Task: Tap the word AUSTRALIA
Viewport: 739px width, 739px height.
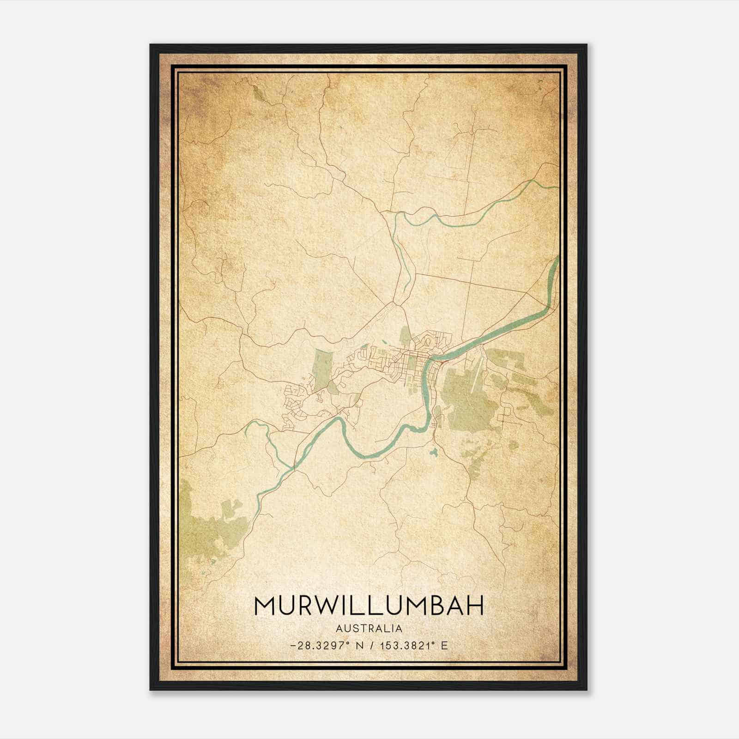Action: (x=369, y=628)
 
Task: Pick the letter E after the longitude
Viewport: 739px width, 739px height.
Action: (x=444, y=646)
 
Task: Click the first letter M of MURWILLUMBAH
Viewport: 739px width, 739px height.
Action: (x=265, y=606)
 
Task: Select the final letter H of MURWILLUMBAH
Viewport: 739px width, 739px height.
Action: (x=474, y=606)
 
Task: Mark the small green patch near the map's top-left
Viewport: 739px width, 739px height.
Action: (x=259, y=92)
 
